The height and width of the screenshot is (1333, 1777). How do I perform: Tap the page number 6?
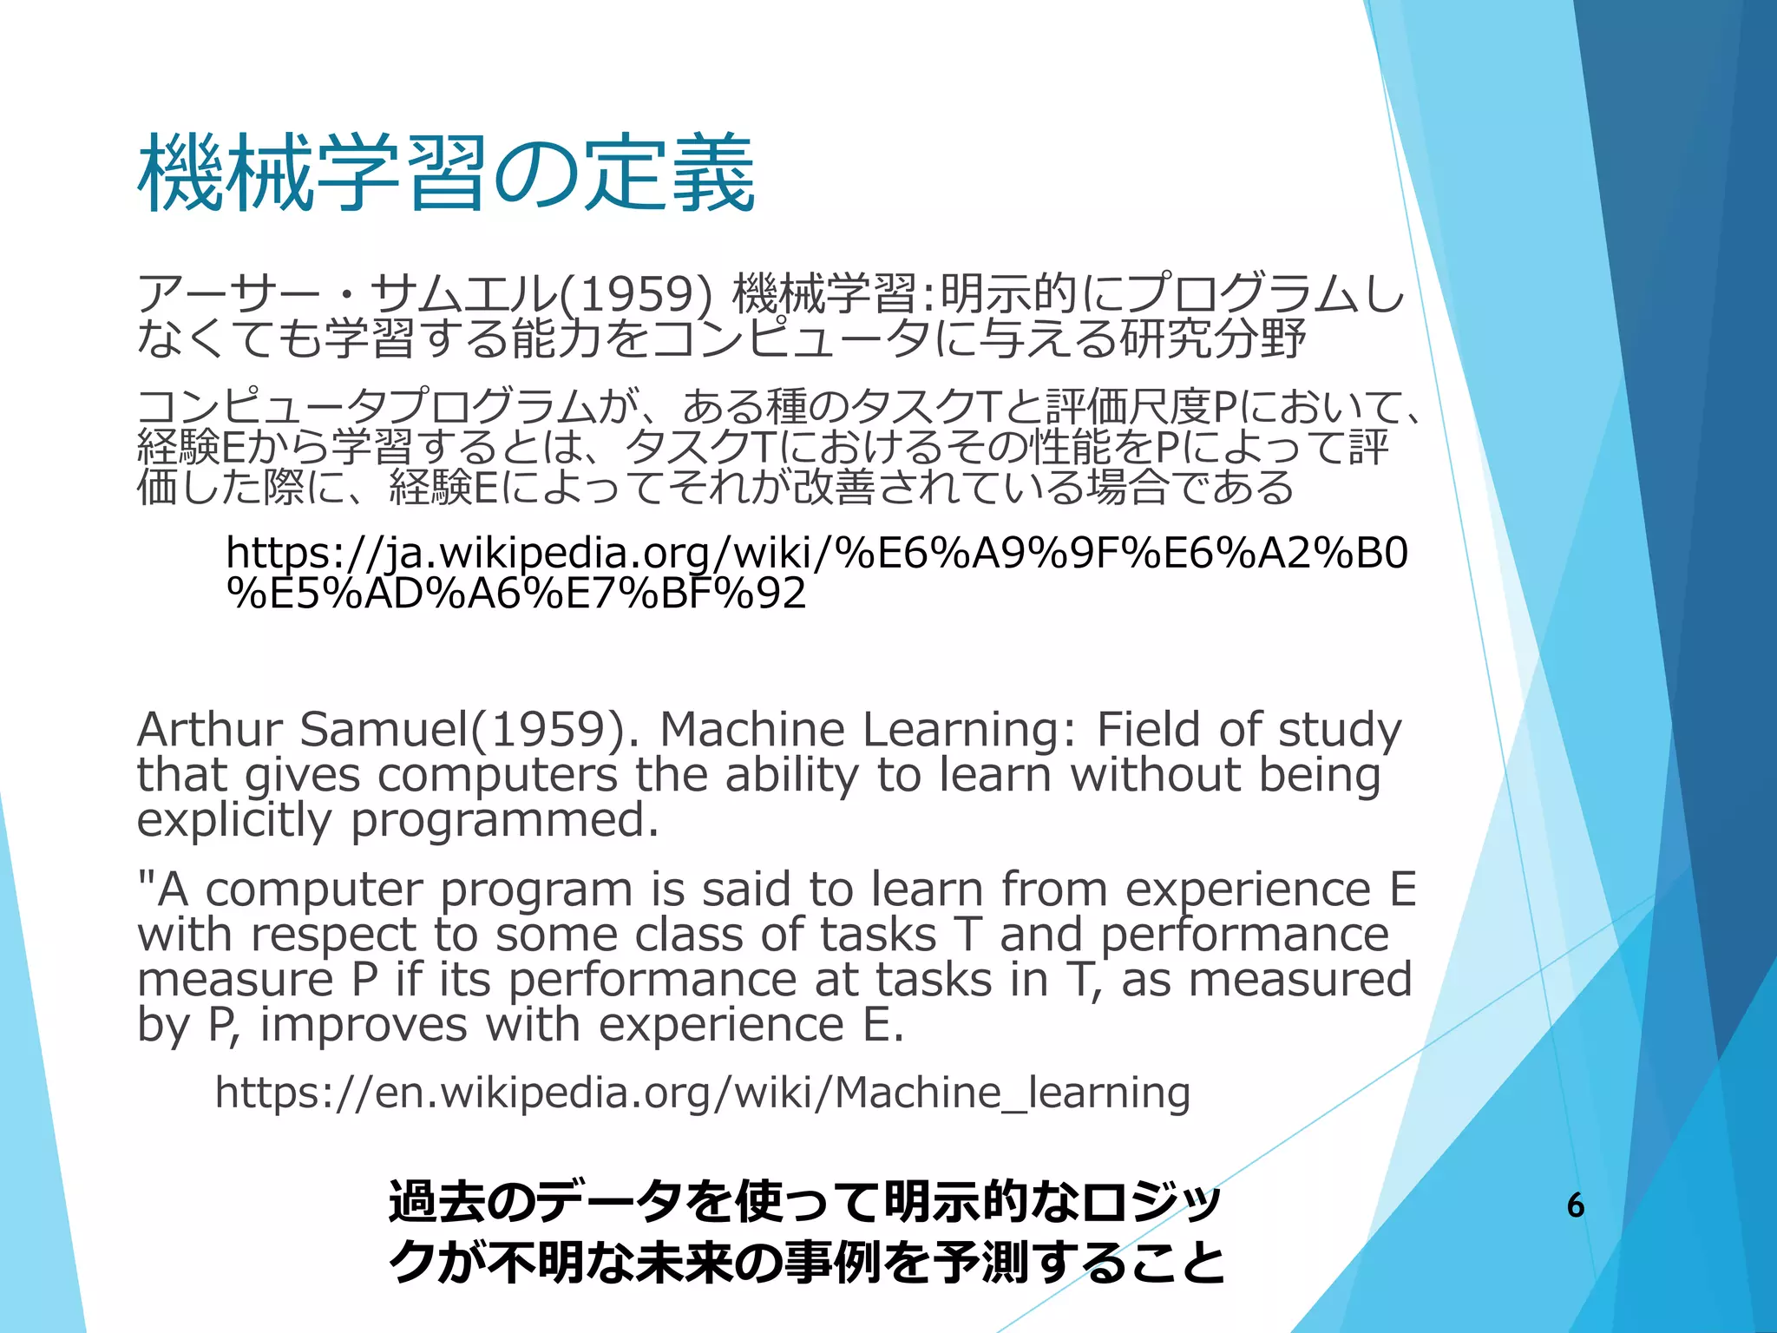[x=1576, y=1205]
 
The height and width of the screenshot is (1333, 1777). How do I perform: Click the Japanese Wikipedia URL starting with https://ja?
[x=816, y=573]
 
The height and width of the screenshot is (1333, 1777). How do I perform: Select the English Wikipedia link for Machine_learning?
[x=702, y=1093]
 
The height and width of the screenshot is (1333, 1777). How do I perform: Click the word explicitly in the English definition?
[x=233, y=819]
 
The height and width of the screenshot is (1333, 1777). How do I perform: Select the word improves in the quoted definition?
[x=364, y=1026]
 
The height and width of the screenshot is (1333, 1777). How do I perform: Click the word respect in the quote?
[x=334, y=936]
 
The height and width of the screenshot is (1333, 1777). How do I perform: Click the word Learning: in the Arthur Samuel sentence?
[x=971, y=730]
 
